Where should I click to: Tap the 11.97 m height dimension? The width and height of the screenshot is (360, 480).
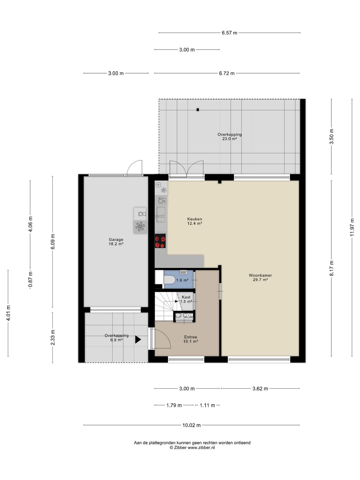point(352,227)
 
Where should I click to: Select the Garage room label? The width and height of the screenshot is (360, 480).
point(116,240)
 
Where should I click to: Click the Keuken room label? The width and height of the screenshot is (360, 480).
point(195,219)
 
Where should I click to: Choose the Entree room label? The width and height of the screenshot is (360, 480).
point(191,337)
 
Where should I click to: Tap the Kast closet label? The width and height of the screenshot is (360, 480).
point(186,297)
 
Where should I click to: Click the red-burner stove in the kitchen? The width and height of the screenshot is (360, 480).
point(160,241)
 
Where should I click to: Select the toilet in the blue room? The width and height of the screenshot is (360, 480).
point(169,280)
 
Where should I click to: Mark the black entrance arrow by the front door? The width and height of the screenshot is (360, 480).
point(138,340)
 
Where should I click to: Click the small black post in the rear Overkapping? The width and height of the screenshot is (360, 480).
point(198,110)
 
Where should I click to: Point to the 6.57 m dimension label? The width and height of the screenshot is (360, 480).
point(229,33)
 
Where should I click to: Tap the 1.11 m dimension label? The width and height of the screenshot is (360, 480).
point(207,405)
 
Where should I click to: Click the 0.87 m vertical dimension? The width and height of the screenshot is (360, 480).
point(30,279)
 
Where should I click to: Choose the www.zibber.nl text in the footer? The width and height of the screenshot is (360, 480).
point(201,448)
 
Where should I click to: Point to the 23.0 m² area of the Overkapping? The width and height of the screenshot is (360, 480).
point(230,139)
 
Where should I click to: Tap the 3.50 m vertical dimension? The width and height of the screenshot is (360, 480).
point(331,136)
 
